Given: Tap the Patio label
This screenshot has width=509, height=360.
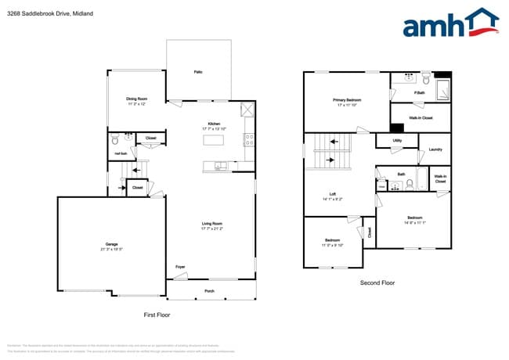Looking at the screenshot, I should (x=198, y=72).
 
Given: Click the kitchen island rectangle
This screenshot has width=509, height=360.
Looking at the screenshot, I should (x=213, y=140).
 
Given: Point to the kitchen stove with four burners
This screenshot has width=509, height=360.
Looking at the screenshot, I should (x=249, y=141).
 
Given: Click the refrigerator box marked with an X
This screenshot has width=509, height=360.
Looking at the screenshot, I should (x=248, y=110).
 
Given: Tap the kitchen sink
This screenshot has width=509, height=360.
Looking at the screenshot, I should (x=222, y=165).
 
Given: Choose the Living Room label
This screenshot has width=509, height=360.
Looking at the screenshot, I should (x=212, y=224).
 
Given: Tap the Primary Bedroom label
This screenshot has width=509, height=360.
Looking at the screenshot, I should (x=347, y=100).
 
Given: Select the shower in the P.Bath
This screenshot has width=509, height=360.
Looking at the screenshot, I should (x=442, y=88).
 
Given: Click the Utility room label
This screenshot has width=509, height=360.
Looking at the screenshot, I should (x=397, y=141).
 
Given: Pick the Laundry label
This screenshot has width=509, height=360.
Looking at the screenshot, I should (x=435, y=149).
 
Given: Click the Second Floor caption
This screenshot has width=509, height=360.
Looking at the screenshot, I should (x=377, y=283).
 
